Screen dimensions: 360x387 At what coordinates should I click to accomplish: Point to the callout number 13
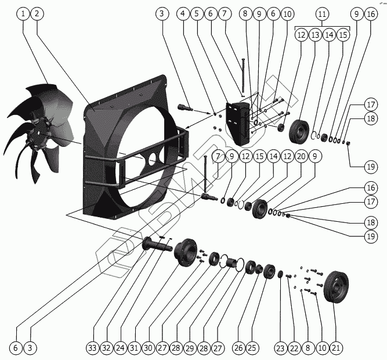pyautogui.click(x=315, y=35)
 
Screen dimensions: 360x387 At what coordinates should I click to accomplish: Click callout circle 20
pyautogui.click(x=301, y=156)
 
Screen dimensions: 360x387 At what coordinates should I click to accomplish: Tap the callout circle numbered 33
pyautogui.click(x=92, y=348)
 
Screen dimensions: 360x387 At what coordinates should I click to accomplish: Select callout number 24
pyautogui.click(x=120, y=348)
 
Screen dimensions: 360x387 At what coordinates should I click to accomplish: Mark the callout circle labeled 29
pyautogui.click(x=190, y=348)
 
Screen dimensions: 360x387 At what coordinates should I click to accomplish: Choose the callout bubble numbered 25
pyautogui.click(x=251, y=348)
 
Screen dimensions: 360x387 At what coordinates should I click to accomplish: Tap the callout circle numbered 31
pyautogui.click(x=134, y=348)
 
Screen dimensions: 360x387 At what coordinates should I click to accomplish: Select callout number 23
pyautogui.click(x=280, y=348)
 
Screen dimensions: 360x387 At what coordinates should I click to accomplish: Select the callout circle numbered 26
pyautogui.click(x=237, y=348)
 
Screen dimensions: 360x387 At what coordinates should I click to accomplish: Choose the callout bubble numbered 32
pyautogui.click(x=106, y=348)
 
